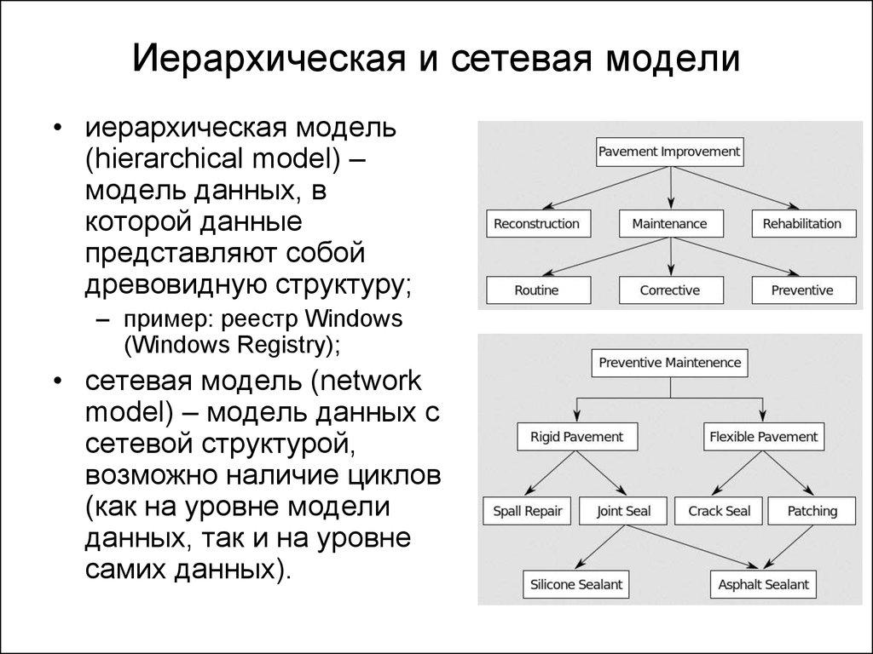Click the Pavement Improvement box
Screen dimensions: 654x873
tap(669, 152)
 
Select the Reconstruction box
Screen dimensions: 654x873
tap(536, 224)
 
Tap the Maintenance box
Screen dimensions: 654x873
tap(669, 224)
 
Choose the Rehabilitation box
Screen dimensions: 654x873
tap(801, 224)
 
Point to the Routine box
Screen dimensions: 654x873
tap(536, 290)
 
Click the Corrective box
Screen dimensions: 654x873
tap(669, 290)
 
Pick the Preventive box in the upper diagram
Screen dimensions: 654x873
tap(801, 290)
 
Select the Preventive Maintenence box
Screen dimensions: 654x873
tap(669, 363)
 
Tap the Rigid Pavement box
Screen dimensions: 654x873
tap(576, 437)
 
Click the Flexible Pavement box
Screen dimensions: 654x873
tap(763, 437)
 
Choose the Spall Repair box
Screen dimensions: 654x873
tap(528, 511)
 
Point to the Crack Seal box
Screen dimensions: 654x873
tap(719, 511)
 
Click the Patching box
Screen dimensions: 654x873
tap(812, 511)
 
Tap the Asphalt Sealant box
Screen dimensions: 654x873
tap(763, 585)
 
